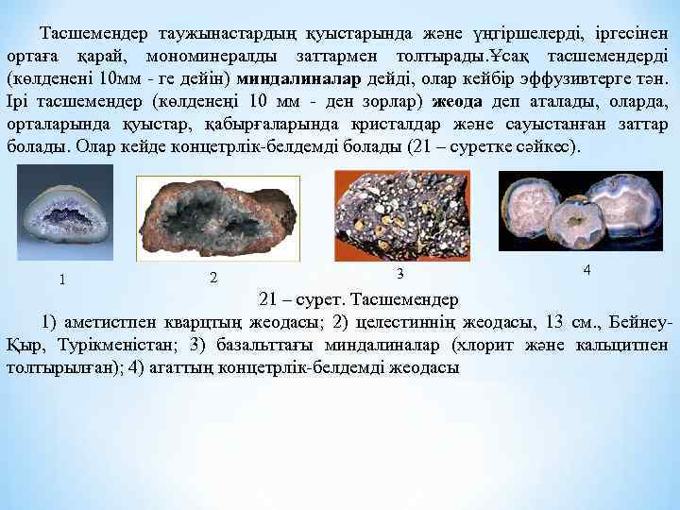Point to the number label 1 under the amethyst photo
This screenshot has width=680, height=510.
point(62,279)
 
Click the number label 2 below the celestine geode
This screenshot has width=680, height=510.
point(213,278)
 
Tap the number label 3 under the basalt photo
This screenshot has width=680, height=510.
point(399,273)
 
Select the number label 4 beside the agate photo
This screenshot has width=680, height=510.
point(587,270)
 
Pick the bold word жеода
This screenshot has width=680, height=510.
point(456,101)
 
